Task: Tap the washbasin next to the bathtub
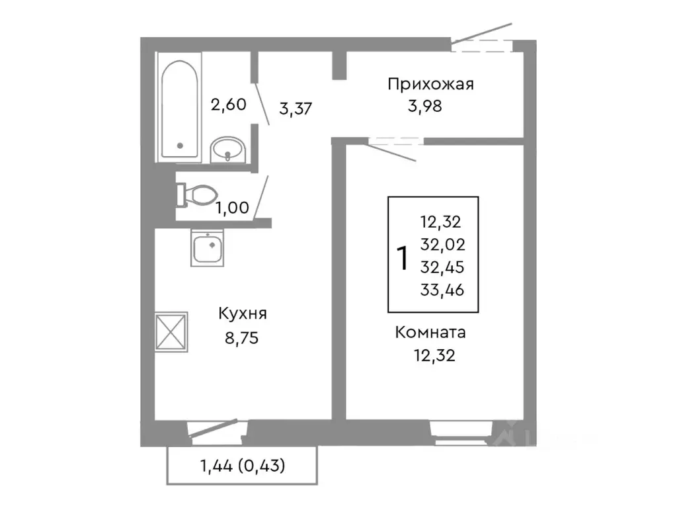tap(227, 151)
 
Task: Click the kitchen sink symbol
tap(209, 248)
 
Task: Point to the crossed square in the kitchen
tap(172, 331)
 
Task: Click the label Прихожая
tap(431, 84)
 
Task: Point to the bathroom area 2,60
tap(228, 104)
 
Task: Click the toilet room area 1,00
tap(233, 207)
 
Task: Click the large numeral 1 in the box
tap(401, 258)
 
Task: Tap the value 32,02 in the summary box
tap(442, 245)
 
